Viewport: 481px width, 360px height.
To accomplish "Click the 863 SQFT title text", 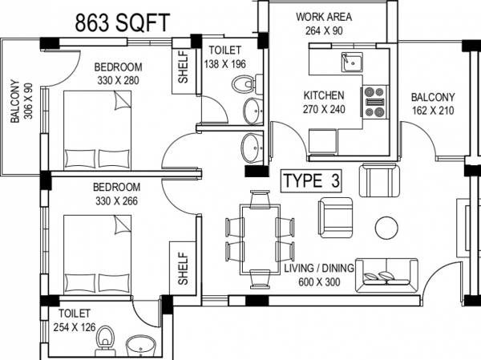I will click(123, 22).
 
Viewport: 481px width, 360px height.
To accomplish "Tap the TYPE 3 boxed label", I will click(311, 181).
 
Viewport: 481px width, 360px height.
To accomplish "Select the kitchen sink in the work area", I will click(352, 61).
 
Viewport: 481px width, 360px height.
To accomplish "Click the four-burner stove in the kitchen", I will click(375, 97).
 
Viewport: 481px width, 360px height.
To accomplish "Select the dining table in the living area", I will click(259, 238).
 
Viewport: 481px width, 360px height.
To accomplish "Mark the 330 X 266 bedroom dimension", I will click(117, 200).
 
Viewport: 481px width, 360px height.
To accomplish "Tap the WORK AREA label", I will click(324, 17).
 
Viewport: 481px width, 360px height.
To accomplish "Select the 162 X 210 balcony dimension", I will click(433, 111).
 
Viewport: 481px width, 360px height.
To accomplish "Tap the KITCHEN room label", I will click(324, 95).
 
